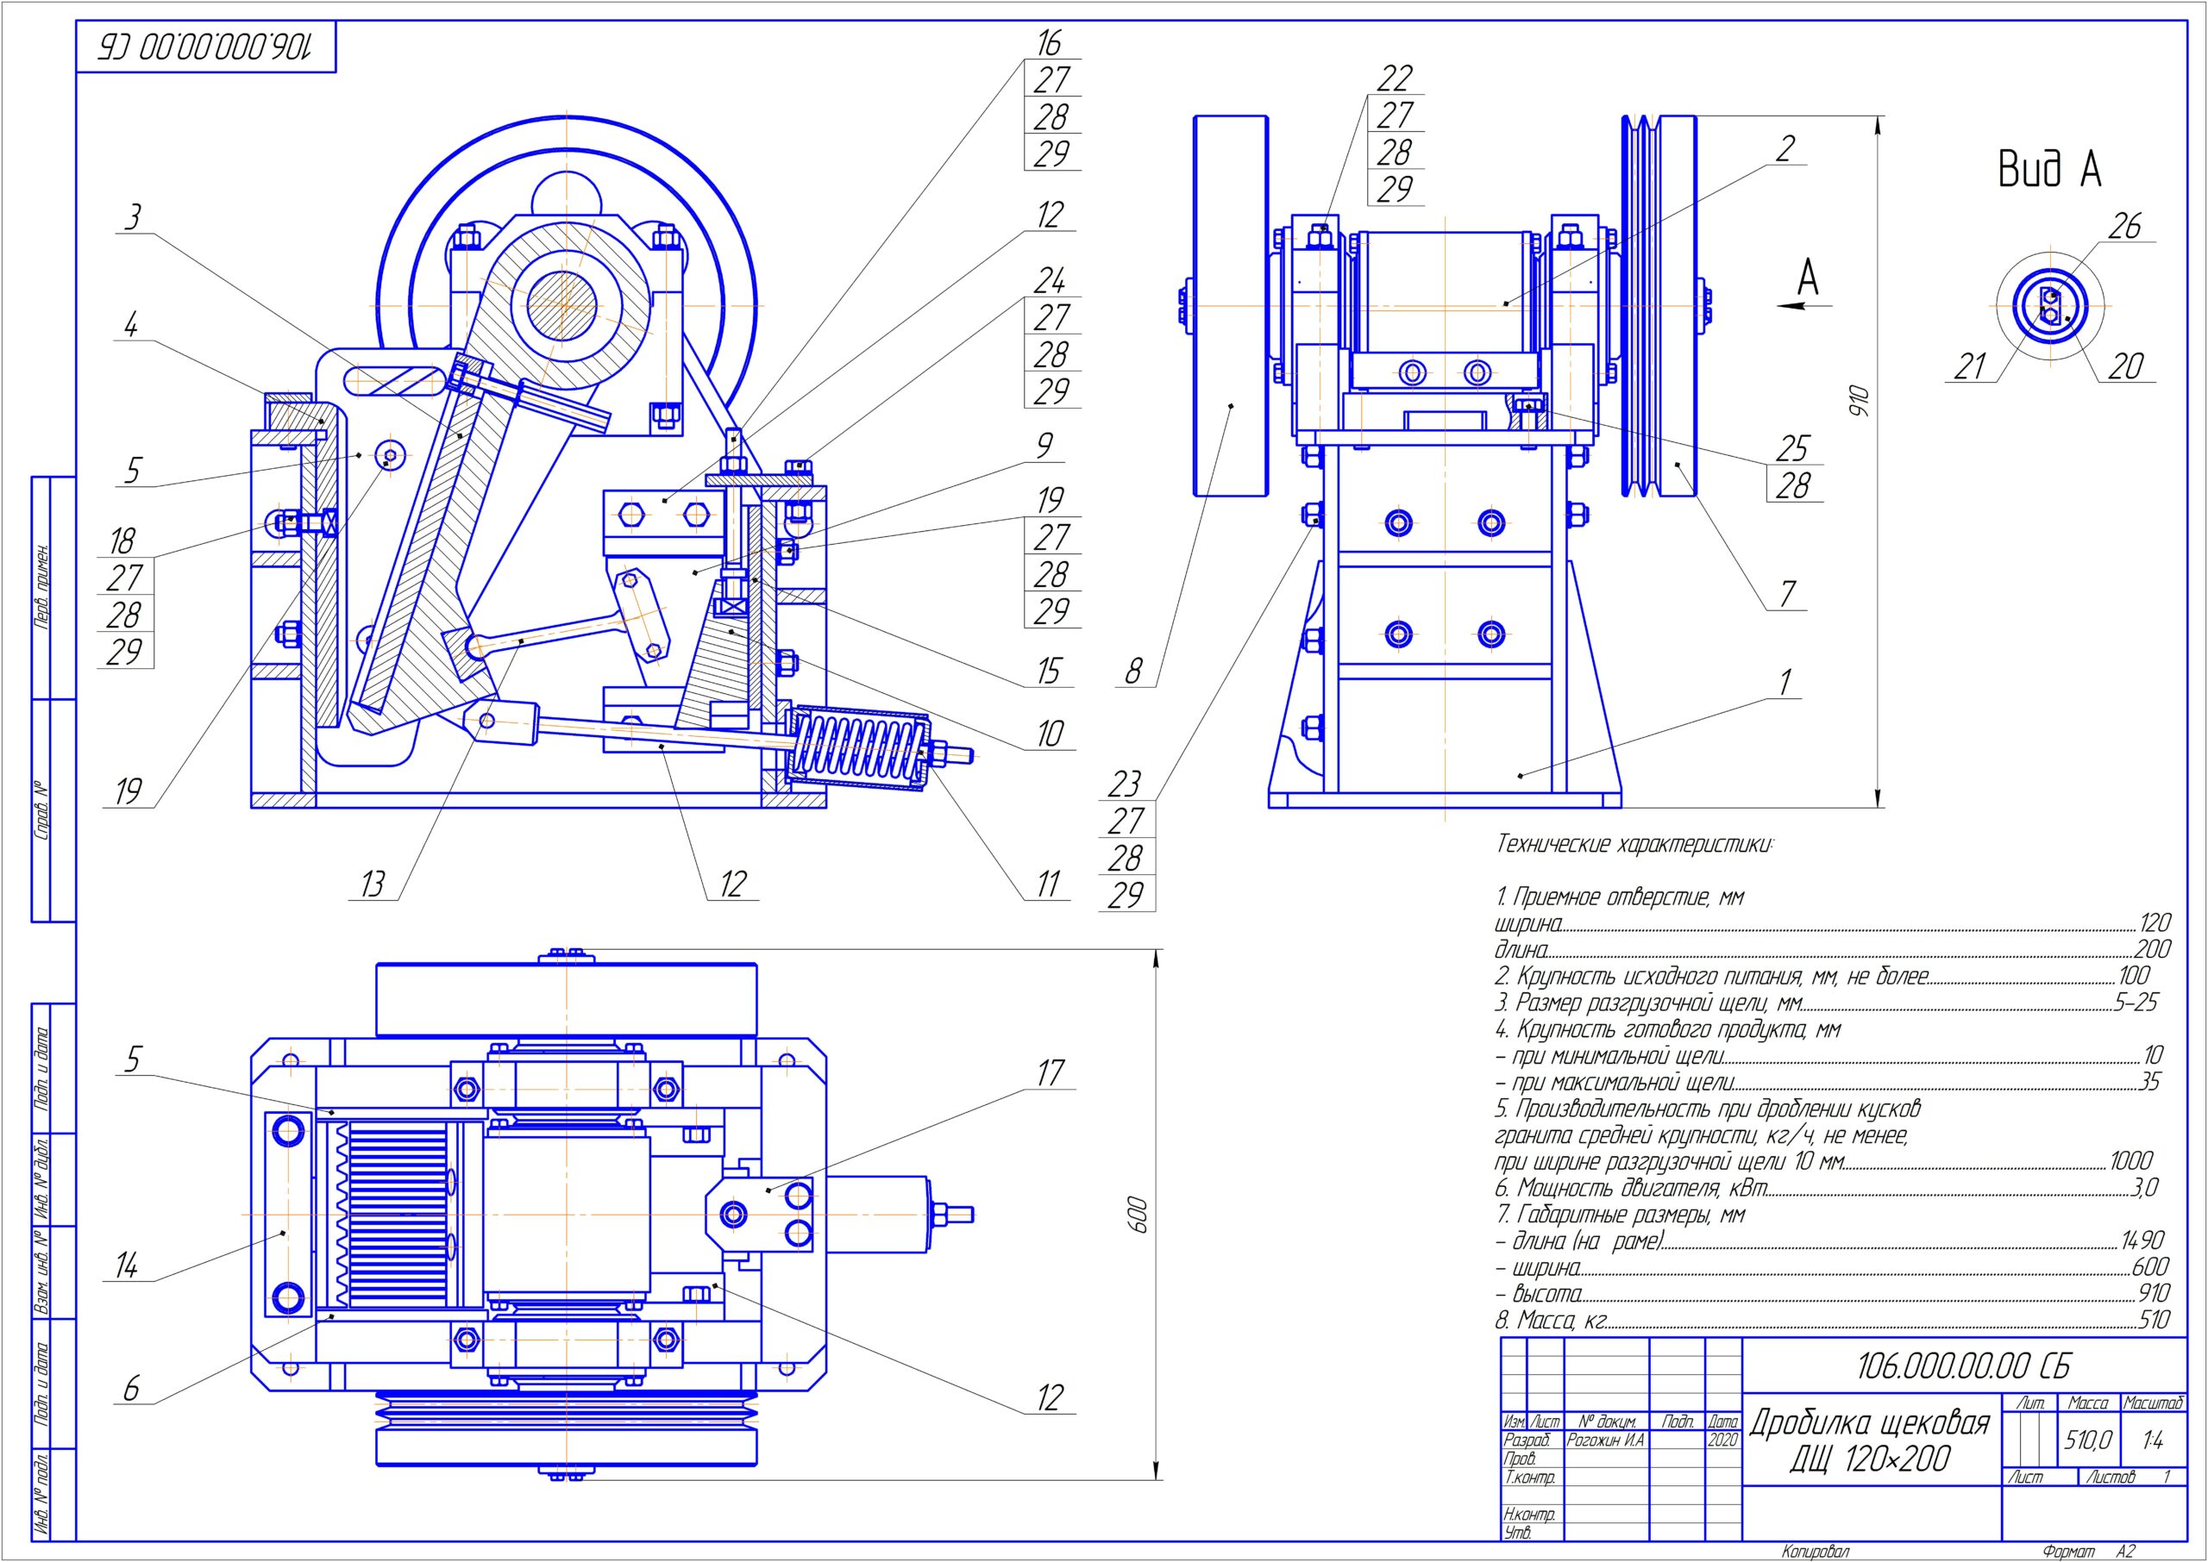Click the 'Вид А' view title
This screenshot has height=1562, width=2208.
pos(2049,169)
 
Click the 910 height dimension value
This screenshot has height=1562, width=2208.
pos(1860,401)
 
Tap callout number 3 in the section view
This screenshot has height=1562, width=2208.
pos(133,217)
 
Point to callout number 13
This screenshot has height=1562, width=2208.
pos(373,884)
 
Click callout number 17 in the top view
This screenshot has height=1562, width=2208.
pos(1050,1072)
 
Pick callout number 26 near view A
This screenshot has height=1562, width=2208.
pos(2124,226)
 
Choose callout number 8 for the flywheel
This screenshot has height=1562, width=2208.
pos(1133,671)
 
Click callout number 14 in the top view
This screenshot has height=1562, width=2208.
pos(127,1265)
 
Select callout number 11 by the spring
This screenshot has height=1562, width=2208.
pos(1049,884)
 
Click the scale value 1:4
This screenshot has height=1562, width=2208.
pos(2153,1440)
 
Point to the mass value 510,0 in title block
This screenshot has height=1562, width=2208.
pos(2088,1440)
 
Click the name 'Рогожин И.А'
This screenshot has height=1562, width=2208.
pos(1605,1440)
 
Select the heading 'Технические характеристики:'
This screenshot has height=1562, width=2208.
pos(1634,845)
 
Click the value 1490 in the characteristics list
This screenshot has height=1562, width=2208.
pos(2142,1240)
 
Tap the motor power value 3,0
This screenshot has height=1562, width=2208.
pos(2144,1188)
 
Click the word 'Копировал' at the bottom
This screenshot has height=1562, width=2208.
pos(1815,1552)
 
